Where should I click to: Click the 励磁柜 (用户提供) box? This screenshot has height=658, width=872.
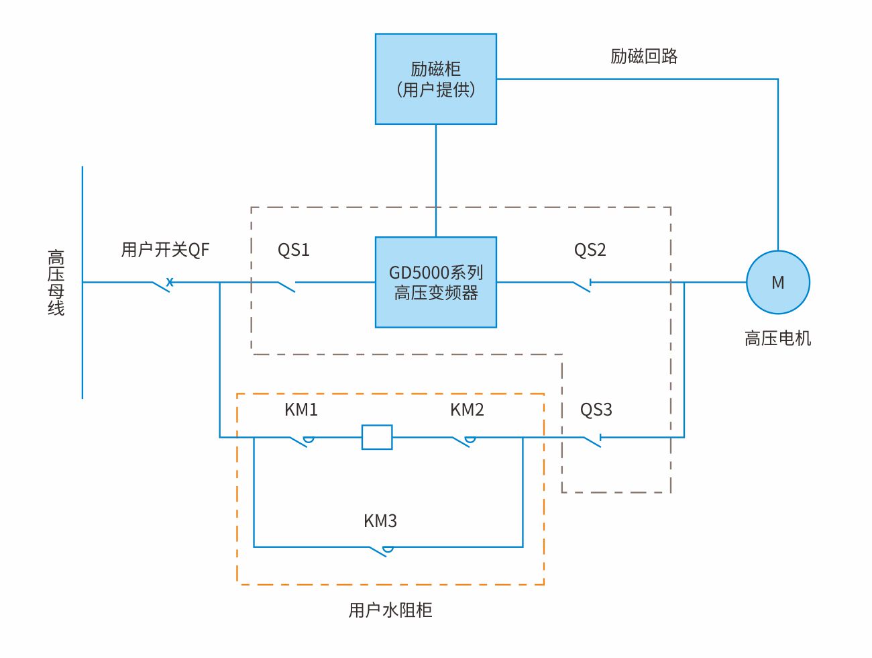(x=436, y=79)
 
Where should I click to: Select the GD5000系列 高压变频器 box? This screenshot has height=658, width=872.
(x=436, y=282)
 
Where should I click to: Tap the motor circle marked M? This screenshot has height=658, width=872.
(x=778, y=282)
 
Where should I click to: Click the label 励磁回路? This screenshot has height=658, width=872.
(x=644, y=56)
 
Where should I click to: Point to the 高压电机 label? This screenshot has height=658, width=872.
(x=778, y=338)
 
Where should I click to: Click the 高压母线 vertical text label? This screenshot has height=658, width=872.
(x=56, y=282)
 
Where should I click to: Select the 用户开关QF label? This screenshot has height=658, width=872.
(x=165, y=250)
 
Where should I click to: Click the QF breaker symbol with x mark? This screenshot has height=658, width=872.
(x=162, y=284)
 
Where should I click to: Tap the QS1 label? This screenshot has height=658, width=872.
(x=294, y=250)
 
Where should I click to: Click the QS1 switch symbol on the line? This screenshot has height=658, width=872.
(x=286, y=286)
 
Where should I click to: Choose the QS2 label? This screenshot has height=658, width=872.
(x=590, y=250)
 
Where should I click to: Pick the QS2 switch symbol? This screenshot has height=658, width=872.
(x=582, y=285)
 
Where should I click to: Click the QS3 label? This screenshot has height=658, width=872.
(x=596, y=410)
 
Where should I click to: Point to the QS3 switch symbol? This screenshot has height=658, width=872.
(x=592, y=440)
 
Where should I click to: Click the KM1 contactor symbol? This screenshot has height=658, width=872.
(x=301, y=440)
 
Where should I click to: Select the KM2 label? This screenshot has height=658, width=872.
(x=467, y=410)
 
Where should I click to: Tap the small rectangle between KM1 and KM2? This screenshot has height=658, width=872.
(x=377, y=437)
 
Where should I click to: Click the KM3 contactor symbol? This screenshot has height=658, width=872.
(x=380, y=551)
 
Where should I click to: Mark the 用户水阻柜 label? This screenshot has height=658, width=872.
(x=390, y=610)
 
